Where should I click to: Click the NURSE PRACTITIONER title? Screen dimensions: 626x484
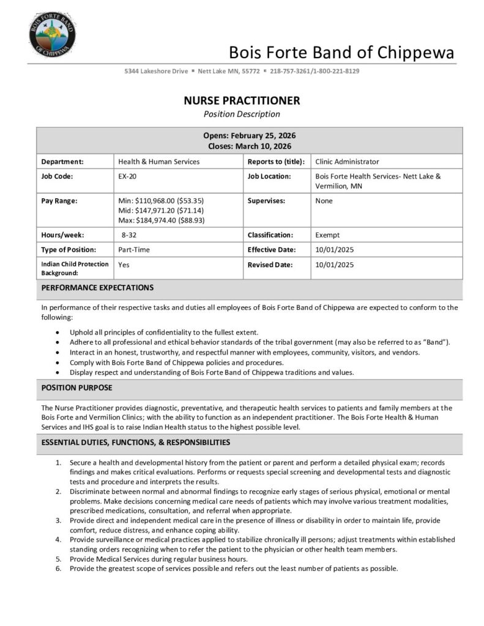tap(242, 100)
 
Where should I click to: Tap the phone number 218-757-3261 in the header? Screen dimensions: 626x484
tap(290, 71)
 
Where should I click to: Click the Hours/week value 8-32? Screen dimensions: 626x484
tap(129, 235)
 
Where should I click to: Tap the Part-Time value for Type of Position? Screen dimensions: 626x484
tap(134, 249)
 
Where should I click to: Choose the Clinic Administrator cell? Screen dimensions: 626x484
tap(347, 161)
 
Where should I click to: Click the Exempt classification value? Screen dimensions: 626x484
tap(327, 235)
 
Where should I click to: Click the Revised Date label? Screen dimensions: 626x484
tap(270, 265)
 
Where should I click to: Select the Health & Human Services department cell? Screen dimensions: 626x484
tap(158, 161)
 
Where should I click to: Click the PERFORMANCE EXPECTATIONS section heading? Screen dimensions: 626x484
tap(97, 287)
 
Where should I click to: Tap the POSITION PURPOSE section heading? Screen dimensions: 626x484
tap(76, 388)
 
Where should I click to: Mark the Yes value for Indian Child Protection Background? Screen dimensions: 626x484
tap(124, 265)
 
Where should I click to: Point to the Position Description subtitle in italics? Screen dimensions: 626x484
tap(242, 114)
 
